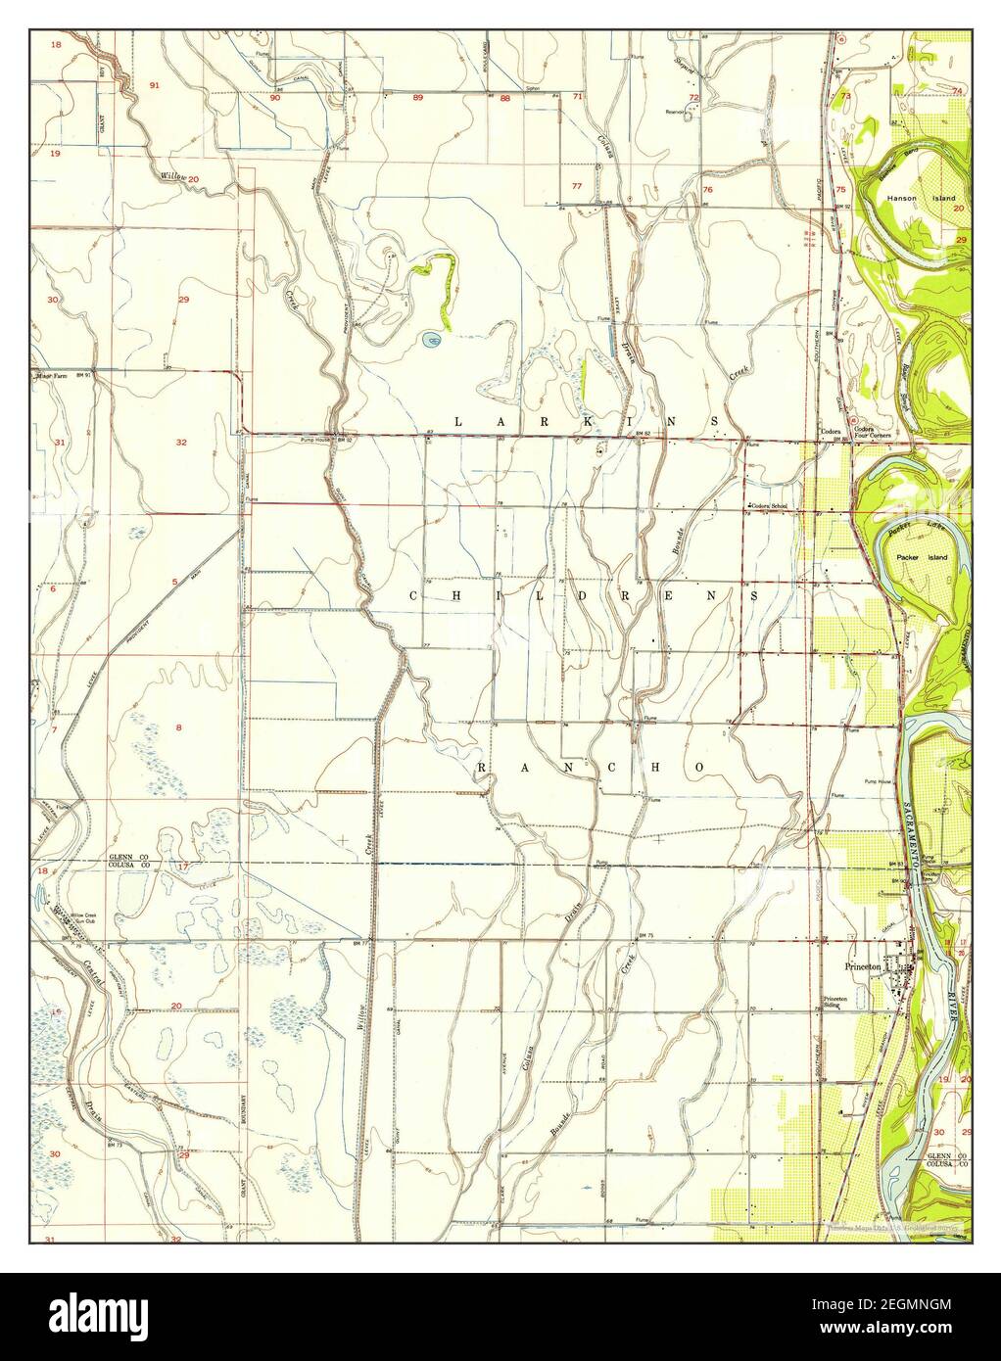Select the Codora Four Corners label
(863, 432)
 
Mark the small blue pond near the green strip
(429, 340)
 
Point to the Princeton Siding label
(834, 1003)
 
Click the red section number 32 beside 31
(181, 443)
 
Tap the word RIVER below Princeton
(953, 1028)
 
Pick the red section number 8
(178, 727)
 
